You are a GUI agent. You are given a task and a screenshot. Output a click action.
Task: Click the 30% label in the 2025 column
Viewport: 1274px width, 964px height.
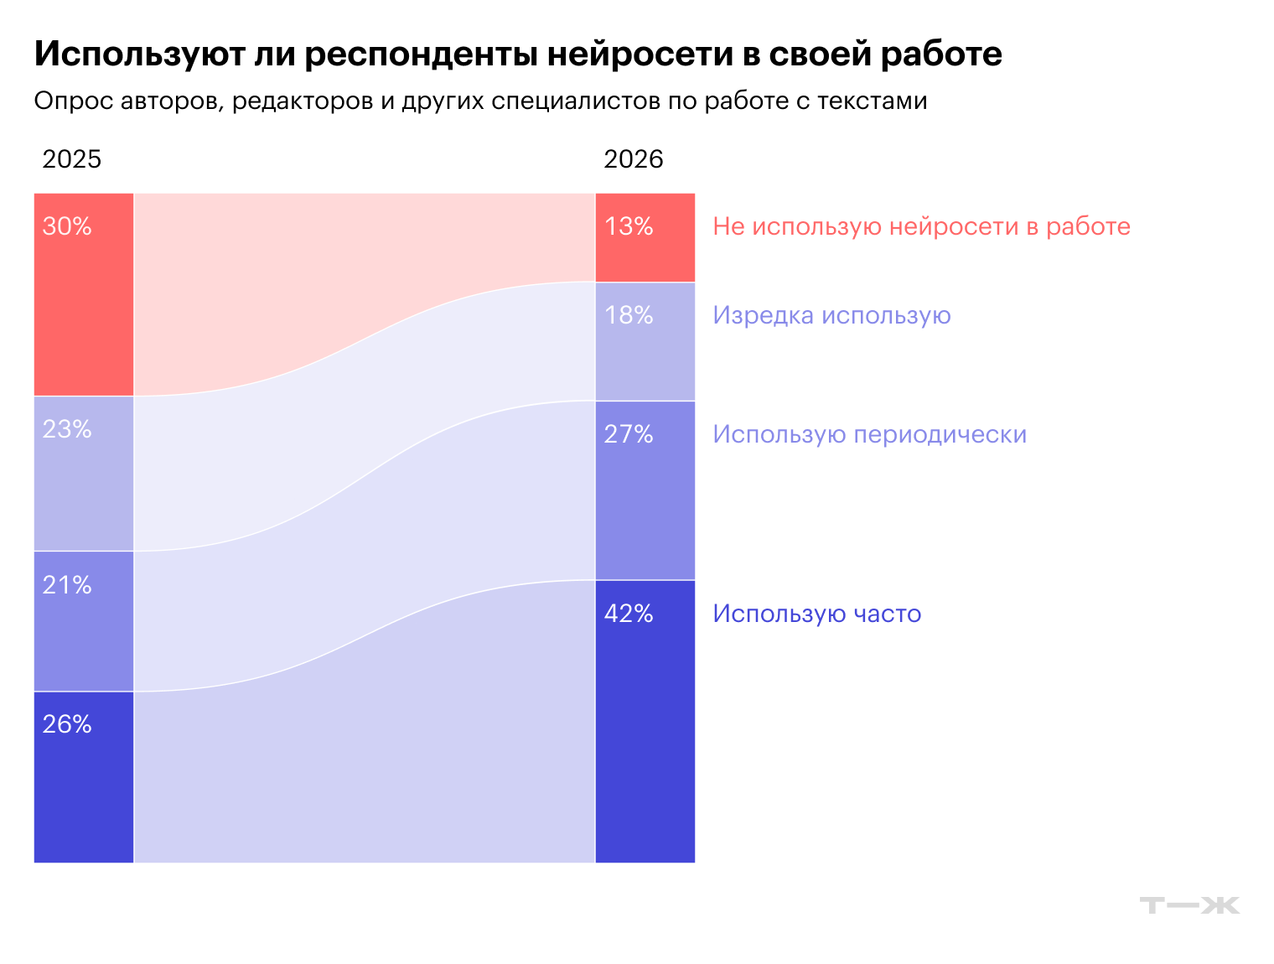click(x=67, y=226)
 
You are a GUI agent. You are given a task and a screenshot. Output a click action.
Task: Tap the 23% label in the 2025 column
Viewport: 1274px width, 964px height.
click(x=67, y=429)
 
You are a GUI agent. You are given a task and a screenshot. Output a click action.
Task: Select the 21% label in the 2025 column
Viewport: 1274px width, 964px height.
click(x=67, y=585)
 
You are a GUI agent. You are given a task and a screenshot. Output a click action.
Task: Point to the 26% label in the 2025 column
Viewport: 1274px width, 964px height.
click(x=67, y=724)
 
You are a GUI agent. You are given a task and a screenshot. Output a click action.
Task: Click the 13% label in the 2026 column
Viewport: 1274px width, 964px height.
click(x=629, y=226)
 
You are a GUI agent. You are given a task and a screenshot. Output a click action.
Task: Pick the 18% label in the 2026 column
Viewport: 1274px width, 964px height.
click(x=629, y=315)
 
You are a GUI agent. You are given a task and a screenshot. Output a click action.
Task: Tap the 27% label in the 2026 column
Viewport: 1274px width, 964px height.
click(x=629, y=434)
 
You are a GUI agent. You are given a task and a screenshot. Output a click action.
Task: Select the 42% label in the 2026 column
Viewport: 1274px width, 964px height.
click(x=629, y=614)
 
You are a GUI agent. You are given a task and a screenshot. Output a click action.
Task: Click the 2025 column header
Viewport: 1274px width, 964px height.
click(x=72, y=159)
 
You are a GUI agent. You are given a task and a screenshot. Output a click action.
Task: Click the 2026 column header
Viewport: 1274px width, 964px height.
click(x=634, y=159)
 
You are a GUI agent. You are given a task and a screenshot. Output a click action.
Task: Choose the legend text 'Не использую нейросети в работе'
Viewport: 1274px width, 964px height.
click(x=921, y=227)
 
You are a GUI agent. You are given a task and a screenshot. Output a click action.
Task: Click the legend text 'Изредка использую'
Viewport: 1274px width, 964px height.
click(x=831, y=316)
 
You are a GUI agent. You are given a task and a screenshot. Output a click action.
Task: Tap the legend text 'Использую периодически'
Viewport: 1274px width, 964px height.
click(x=869, y=435)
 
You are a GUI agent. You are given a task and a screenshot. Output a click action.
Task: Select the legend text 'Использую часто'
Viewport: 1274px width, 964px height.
click(x=816, y=614)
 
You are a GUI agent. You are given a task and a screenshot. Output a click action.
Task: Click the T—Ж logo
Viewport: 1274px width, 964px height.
click(x=1189, y=905)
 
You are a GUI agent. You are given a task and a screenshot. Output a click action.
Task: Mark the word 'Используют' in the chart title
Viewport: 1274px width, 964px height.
click(x=139, y=54)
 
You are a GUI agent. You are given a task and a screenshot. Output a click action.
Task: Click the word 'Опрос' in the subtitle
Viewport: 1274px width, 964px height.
click(x=73, y=101)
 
